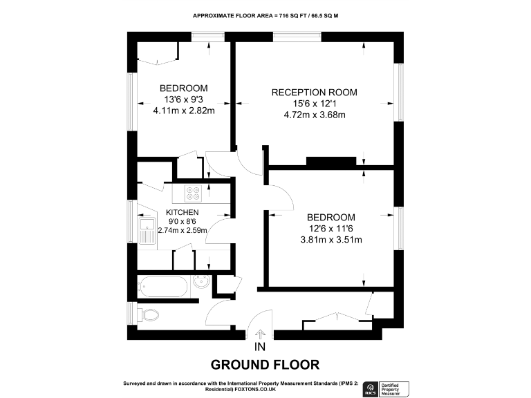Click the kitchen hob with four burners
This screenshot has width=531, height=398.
[x=194, y=194]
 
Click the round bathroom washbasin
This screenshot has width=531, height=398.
[x=201, y=285]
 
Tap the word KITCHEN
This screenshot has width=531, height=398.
[x=183, y=212]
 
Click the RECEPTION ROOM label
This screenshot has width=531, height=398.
[x=315, y=93]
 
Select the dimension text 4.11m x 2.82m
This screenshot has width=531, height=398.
[x=184, y=110]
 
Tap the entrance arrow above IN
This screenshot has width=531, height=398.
[x=261, y=334]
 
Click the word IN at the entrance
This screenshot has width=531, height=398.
[x=261, y=347]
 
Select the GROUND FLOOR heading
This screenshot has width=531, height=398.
[x=265, y=364]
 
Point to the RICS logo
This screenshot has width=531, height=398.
[x=370, y=389]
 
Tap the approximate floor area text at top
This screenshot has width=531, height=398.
[x=265, y=15]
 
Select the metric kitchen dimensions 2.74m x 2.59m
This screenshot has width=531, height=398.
[x=183, y=230]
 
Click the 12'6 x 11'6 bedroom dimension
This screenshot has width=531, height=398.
[x=331, y=229]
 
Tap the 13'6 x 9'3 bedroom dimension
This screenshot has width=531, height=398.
[x=184, y=99]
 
